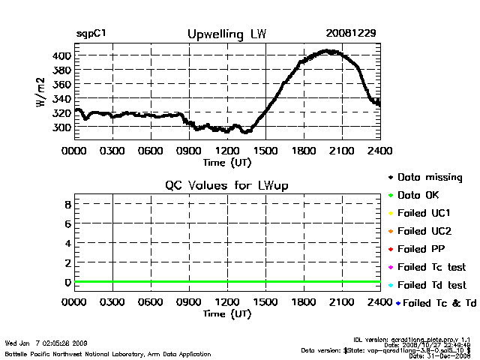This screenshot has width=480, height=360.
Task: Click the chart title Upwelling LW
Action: [225, 34]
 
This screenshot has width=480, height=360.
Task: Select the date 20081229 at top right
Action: [351, 34]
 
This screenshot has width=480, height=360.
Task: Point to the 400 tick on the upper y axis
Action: [61, 55]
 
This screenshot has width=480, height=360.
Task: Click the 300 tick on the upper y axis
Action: [61, 127]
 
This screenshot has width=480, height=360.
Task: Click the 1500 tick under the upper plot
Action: [265, 150]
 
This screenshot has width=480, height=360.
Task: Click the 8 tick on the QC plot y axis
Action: [67, 203]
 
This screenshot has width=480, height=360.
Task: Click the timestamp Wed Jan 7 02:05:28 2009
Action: [46, 343]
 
